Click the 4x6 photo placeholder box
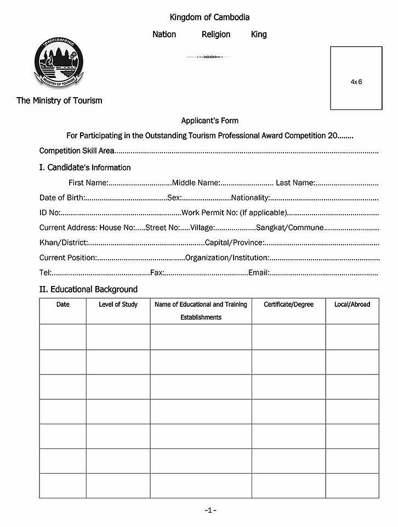(x=356, y=78)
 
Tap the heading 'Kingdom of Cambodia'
(x=209, y=18)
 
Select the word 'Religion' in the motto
(x=216, y=34)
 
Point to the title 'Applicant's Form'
(x=210, y=120)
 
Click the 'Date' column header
(x=63, y=304)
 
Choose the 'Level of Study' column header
(x=118, y=304)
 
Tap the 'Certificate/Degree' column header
(x=288, y=304)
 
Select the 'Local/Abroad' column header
(x=352, y=304)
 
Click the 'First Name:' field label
(x=88, y=183)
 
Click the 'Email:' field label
(x=259, y=272)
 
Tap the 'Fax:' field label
(x=157, y=272)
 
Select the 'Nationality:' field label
(x=251, y=198)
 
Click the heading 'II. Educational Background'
(x=88, y=289)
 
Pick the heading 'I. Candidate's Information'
(x=85, y=167)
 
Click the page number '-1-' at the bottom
(x=210, y=510)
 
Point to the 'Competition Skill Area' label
(x=77, y=151)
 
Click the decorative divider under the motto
(x=208, y=57)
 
